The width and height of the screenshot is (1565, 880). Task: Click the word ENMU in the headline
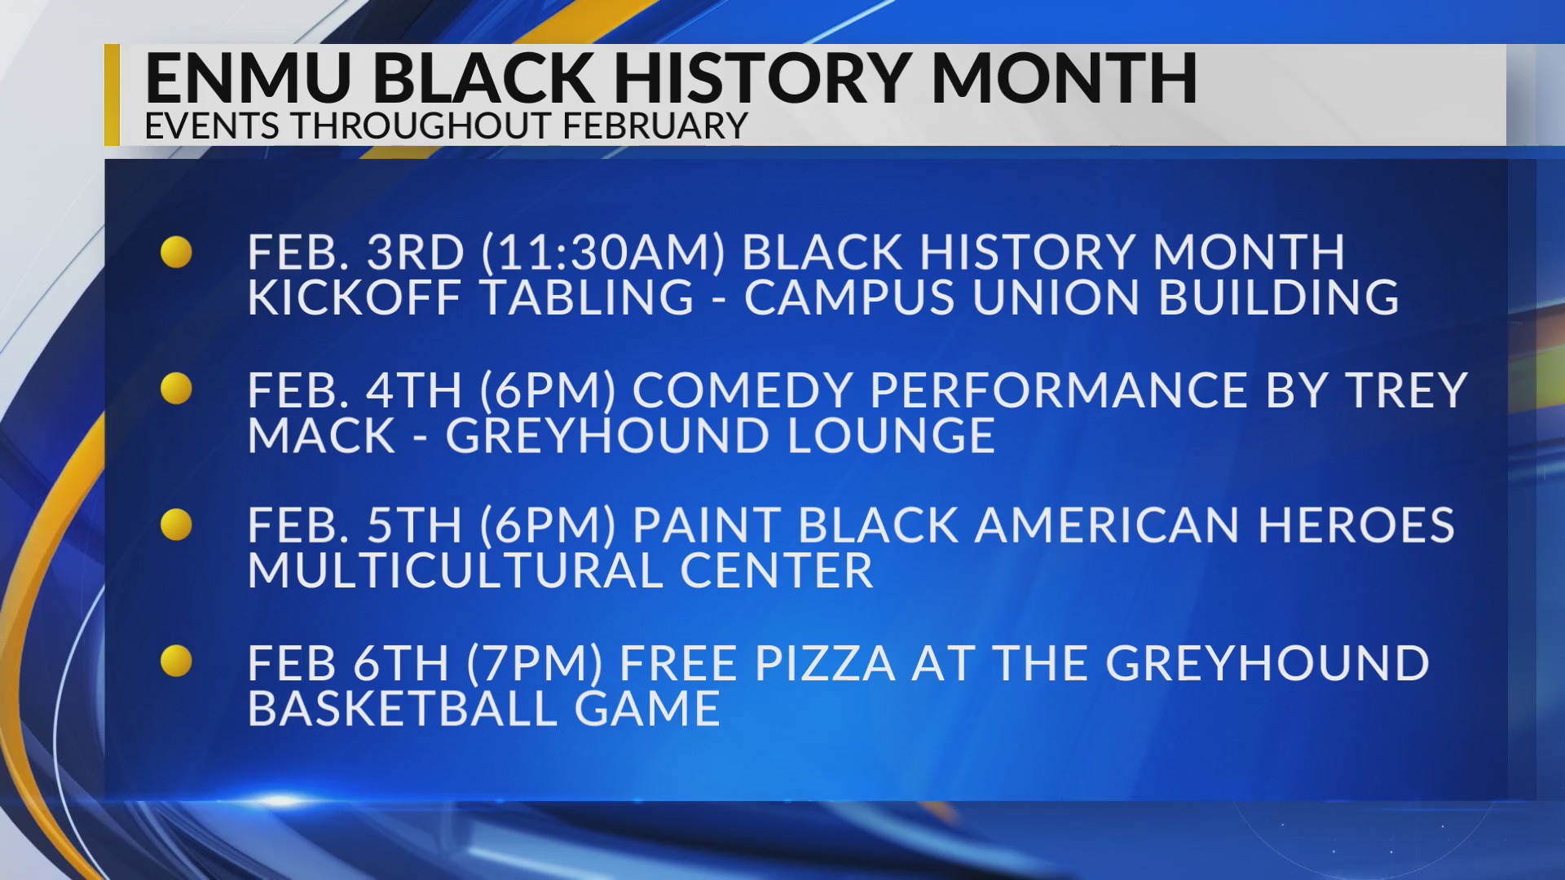248,78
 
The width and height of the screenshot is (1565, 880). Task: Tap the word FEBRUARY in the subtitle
655,126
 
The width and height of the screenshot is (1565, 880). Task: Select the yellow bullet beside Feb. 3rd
176,253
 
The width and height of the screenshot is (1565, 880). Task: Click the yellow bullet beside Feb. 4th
176,389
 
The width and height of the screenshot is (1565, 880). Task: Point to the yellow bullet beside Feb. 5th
176,526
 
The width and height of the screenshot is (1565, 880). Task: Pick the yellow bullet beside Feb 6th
176,662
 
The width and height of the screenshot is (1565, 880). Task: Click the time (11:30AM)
603,253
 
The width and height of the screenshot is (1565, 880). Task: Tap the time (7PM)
535,663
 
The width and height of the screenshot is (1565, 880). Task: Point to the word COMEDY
742,390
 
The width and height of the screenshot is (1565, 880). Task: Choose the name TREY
1407,390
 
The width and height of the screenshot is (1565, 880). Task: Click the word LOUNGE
891,436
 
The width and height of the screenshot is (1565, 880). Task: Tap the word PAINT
707,526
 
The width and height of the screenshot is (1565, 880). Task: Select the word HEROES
1356,526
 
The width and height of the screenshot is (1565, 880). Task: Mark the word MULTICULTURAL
455,570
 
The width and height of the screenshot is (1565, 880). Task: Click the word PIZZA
825,663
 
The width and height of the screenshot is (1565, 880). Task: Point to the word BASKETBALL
402,708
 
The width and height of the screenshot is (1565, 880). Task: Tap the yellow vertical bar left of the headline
112,95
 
